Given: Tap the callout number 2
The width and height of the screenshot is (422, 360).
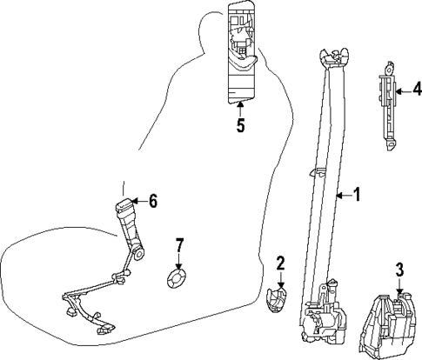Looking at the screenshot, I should coord(281,263).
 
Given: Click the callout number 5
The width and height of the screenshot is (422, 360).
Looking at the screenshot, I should coord(240,126).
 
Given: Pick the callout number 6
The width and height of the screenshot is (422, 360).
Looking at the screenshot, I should coord(153,202).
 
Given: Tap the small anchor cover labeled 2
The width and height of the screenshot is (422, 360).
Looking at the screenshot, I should coord(277,300).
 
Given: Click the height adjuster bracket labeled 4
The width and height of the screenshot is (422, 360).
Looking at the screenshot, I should coord(386,100).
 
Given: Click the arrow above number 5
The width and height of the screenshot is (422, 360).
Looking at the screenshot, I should coord(240,108).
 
